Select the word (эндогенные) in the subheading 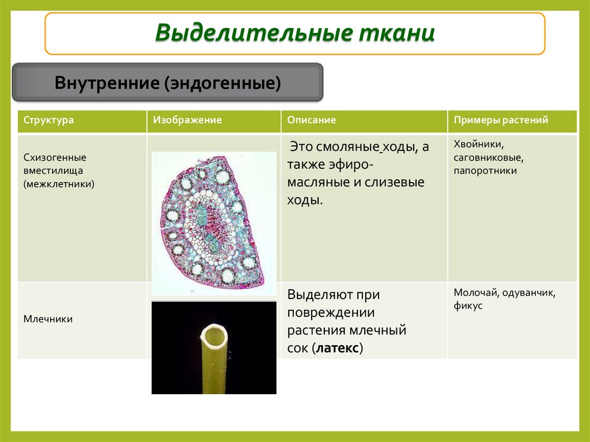224,83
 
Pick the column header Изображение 187,120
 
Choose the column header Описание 312,120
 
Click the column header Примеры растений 501,120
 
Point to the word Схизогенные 55,157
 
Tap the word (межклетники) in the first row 59,184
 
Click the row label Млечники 48,319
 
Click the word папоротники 485,171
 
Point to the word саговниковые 487,157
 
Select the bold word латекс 337,349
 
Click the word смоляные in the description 350,147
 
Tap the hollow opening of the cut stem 214,335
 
